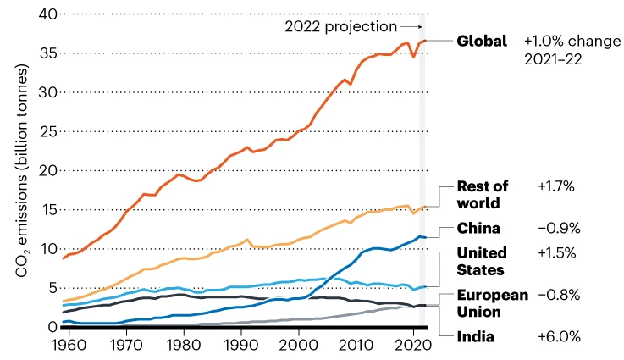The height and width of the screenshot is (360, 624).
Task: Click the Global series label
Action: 482,41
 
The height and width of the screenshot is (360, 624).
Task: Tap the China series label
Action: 478,229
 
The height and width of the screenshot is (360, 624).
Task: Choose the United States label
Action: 482,261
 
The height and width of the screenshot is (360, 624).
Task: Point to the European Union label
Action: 492,302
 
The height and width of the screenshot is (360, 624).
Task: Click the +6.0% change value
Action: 560,336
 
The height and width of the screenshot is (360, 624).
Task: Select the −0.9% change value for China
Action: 559,229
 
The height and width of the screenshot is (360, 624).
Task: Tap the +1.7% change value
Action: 558,187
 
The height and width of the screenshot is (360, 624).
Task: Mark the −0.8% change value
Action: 560,296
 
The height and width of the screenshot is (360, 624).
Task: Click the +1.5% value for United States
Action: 558,253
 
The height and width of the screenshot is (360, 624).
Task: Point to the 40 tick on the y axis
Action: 47,14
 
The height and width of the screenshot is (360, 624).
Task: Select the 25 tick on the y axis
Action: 47,131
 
